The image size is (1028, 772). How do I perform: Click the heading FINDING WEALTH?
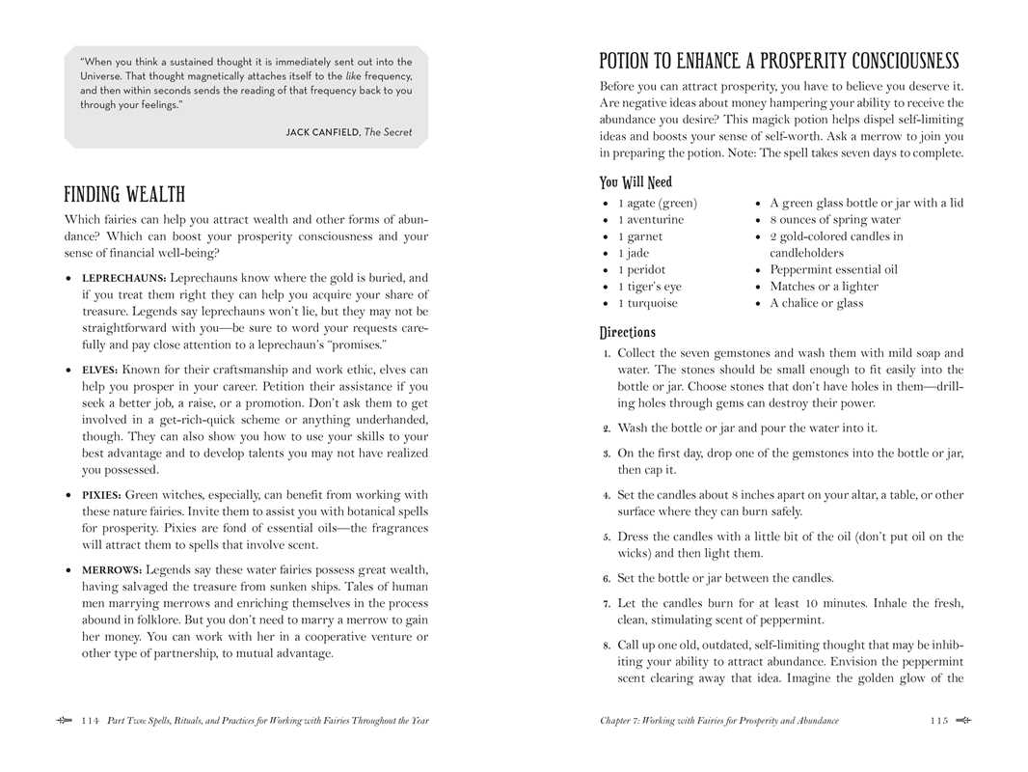click(x=124, y=195)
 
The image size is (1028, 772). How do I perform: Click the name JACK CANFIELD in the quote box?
click(x=322, y=132)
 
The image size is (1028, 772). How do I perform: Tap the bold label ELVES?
click(x=99, y=370)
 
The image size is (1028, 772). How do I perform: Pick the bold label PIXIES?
click(x=102, y=495)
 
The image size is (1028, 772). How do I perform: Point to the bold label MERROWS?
click(x=112, y=570)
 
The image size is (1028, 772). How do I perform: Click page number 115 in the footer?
click(x=939, y=721)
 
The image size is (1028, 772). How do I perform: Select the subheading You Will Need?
click(x=636, y=182)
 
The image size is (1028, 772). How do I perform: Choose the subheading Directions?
click(x=627, y=333)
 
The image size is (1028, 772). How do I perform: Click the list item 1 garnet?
click(x=640, y=236)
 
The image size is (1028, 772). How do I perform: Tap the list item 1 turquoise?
click(x=647, y=303)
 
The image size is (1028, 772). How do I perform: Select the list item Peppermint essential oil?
click(x=833, y=270)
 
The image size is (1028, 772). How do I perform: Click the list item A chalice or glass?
click(x=816, y=303)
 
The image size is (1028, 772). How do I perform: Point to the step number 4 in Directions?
click(x=607, y=495)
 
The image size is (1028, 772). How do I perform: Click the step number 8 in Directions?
click(x=607, y=646)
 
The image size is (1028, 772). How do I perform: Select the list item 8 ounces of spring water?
click(x=835, y=220)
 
